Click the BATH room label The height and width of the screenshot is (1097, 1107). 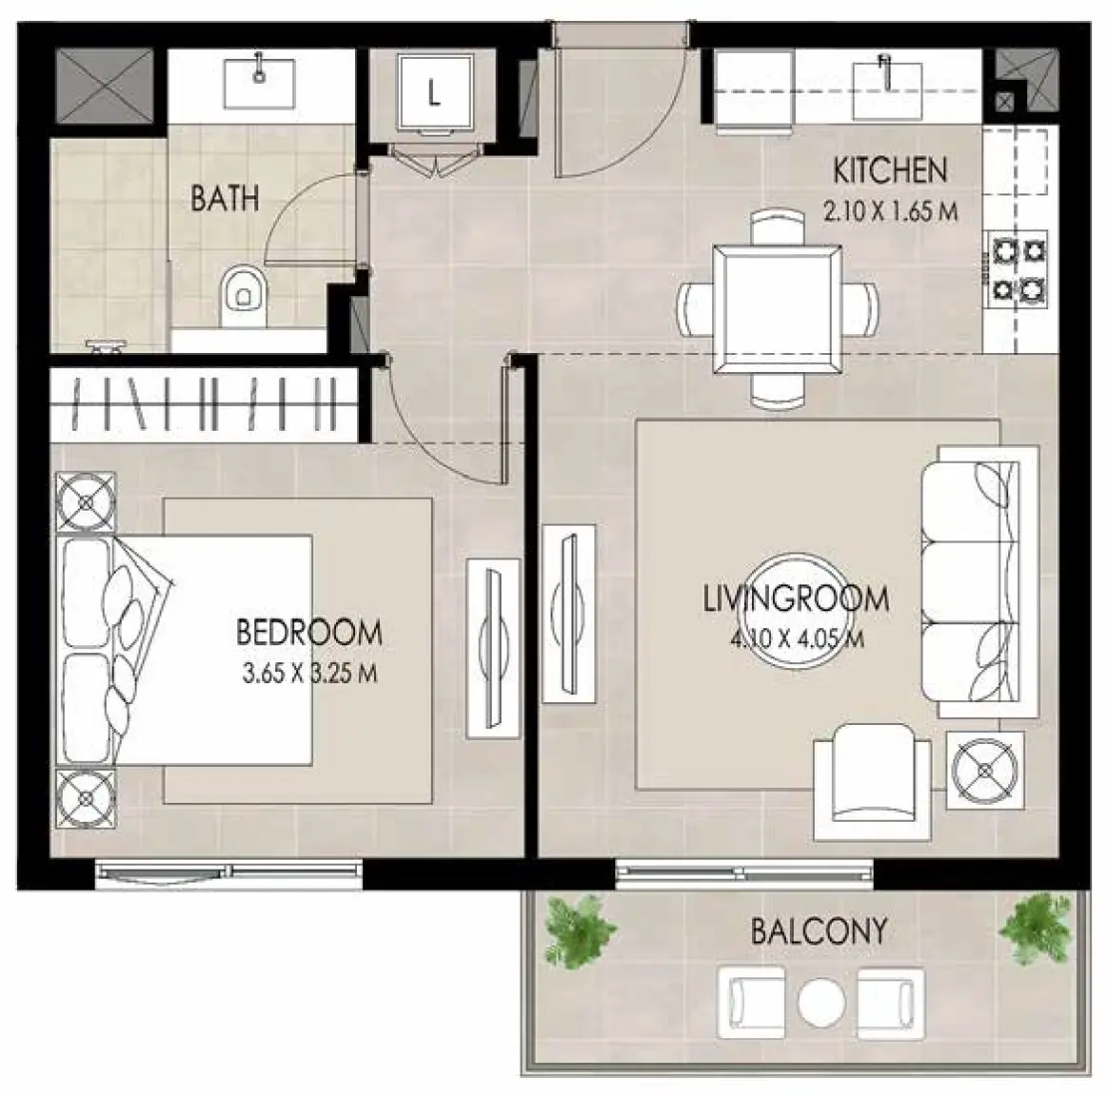click(224, 197)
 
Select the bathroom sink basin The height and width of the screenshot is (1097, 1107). click(258, 82)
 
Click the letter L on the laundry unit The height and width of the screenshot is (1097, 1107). click(433, 94)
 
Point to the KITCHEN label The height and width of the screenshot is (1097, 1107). click(890, 172)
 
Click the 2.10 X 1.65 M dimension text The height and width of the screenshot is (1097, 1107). click(890, 211)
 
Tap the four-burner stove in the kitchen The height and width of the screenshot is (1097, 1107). click(1018, 268)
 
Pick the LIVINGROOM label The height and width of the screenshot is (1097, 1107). click(796, 599)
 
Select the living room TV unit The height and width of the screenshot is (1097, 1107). click(568, 612)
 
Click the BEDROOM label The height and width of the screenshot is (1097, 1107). click(308, 632)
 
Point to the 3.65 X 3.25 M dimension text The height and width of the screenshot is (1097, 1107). click(308, 673)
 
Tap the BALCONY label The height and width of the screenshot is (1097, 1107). click(819, 931)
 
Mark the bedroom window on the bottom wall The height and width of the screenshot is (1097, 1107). click(228, 874)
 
